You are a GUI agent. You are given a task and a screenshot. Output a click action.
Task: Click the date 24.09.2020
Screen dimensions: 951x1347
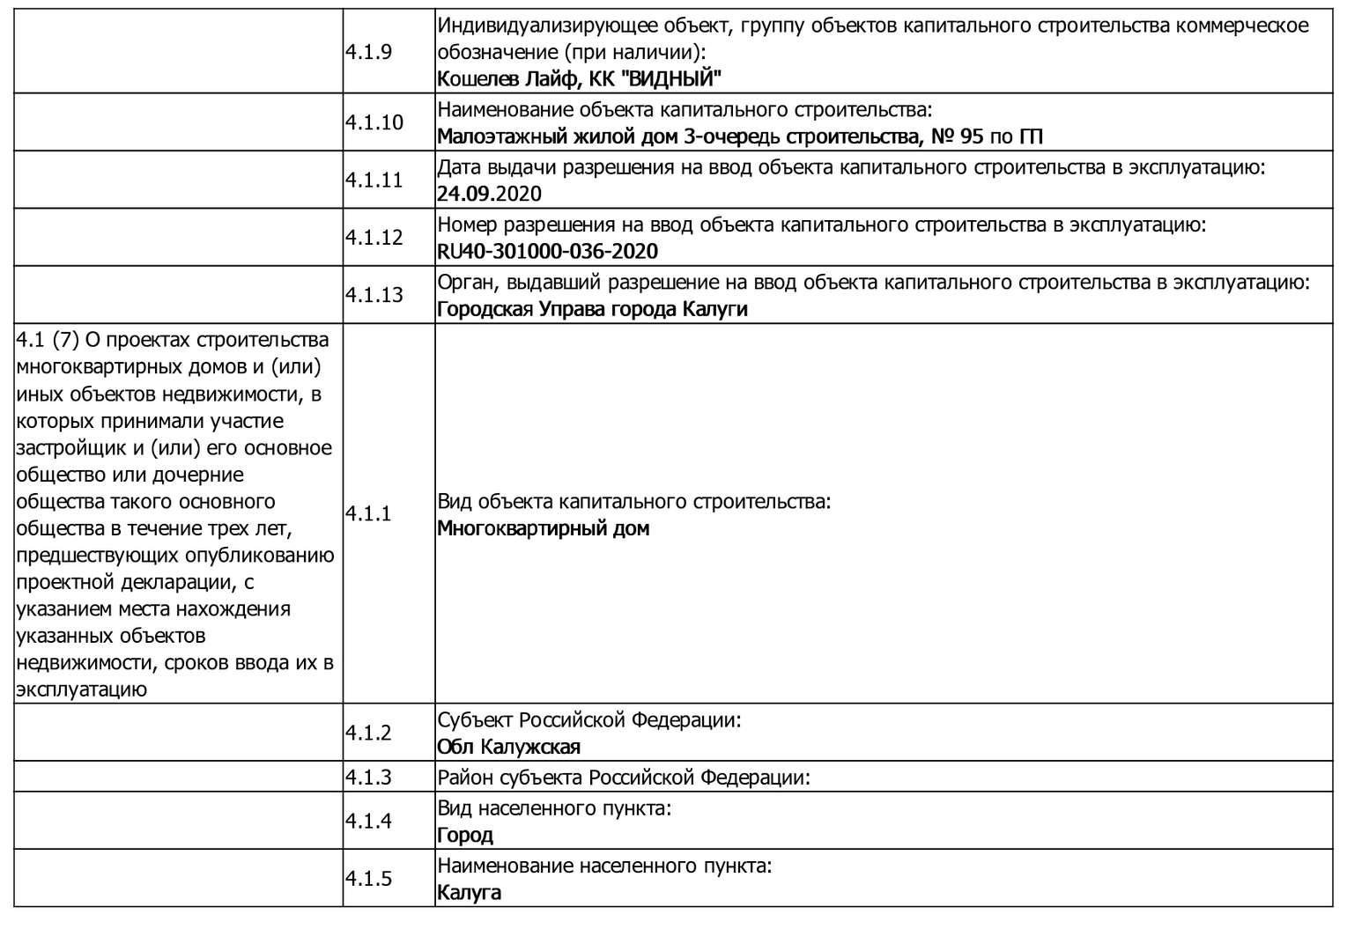(489, 194)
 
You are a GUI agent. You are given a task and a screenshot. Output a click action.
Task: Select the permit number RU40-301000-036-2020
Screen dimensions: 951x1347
(547, 252)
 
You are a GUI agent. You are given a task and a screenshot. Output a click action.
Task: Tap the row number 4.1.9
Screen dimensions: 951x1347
(368, 51)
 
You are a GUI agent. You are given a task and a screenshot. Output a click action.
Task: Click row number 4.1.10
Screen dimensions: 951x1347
(374, 122)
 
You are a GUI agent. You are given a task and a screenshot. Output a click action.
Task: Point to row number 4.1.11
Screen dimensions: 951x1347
(374, 180)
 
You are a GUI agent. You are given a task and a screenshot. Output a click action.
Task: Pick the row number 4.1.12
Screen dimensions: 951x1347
(374, 237)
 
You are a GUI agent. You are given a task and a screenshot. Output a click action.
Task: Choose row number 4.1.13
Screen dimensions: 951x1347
(374, 294)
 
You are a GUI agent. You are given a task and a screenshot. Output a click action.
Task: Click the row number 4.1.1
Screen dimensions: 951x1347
(368, 513)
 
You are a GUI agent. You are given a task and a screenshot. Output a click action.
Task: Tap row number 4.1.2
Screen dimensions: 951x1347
(368, 733)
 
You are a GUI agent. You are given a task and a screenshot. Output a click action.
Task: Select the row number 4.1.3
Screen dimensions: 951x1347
(368, 778)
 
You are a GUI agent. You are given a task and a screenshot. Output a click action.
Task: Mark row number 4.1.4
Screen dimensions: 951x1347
(368, 821)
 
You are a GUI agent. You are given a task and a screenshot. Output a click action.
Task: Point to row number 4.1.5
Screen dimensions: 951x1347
(368, 879)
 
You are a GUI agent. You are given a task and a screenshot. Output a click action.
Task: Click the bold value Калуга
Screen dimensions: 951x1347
(469, 893)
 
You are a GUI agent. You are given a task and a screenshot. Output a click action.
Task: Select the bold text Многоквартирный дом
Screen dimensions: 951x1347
(543, 529)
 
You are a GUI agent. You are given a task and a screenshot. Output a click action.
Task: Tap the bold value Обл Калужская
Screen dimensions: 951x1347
(508, 748)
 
